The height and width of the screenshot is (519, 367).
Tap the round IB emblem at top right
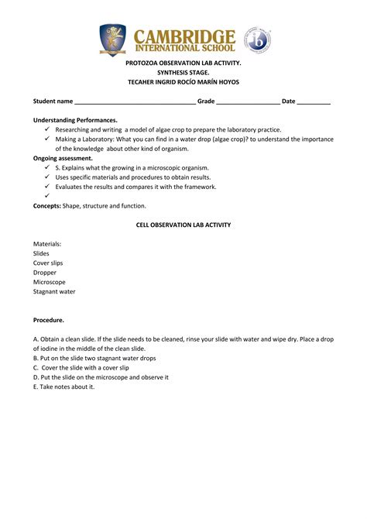coord(257,40)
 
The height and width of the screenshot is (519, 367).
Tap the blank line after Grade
coord(248,101)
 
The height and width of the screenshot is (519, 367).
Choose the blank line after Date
coord(314,101)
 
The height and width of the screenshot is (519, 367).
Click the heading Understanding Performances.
coord(75,120)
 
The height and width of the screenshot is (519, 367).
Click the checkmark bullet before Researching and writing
coord(46,129)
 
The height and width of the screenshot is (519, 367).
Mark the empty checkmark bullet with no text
coord(46,196)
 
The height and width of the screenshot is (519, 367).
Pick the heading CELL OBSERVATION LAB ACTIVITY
coord(183,225)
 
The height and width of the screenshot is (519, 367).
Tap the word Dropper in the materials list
coord(46,273)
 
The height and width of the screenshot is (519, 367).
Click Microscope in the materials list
coord(50,282)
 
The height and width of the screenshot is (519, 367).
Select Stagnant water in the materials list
coord(54,291)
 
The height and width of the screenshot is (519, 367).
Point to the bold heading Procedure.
coord(49,320)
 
